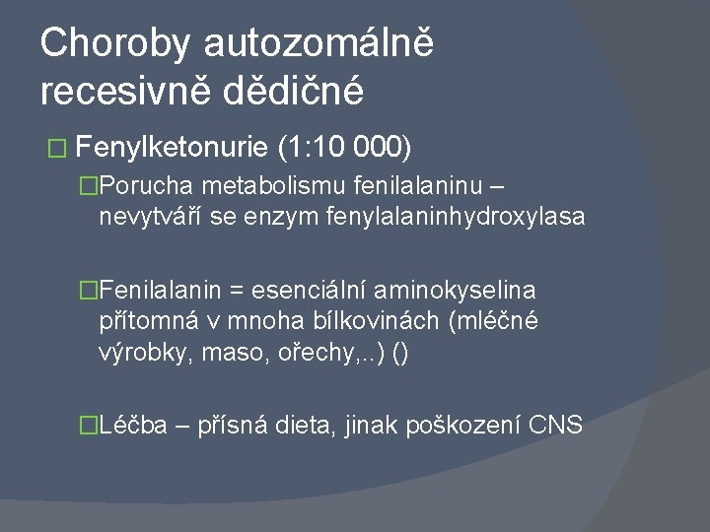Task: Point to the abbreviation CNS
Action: [x=556, y=425]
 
